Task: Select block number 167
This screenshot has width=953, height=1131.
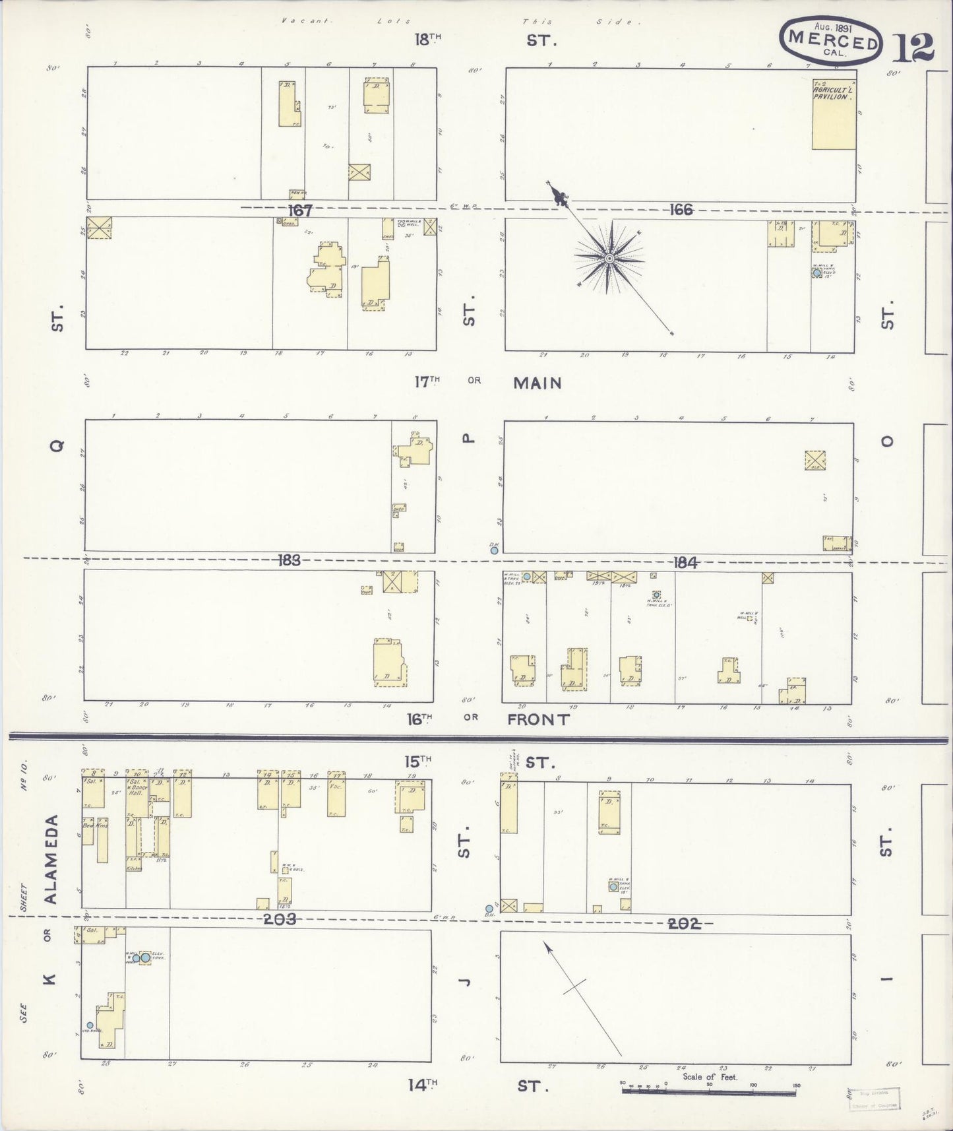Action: click(x=299, y=210)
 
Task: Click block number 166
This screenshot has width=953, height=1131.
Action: click(x=681, y=209)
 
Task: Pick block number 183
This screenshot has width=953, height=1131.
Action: click(x=289, y=560)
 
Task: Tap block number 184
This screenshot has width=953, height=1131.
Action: click(x=685, y=562)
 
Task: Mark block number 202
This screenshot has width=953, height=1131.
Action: click(x=683, y=924)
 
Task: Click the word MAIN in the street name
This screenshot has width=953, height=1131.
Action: click(x=538, y=383)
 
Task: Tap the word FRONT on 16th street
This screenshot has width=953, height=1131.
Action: click(x=538, y=719)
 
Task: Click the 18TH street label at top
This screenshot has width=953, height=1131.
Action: click(x=427, y=40)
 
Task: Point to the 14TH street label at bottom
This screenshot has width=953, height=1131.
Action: click(x=422, y=1084)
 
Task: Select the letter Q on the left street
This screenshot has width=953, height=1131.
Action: click(x=58, y=446)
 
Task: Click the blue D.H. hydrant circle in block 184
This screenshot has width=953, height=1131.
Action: click(x=494, y=550)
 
